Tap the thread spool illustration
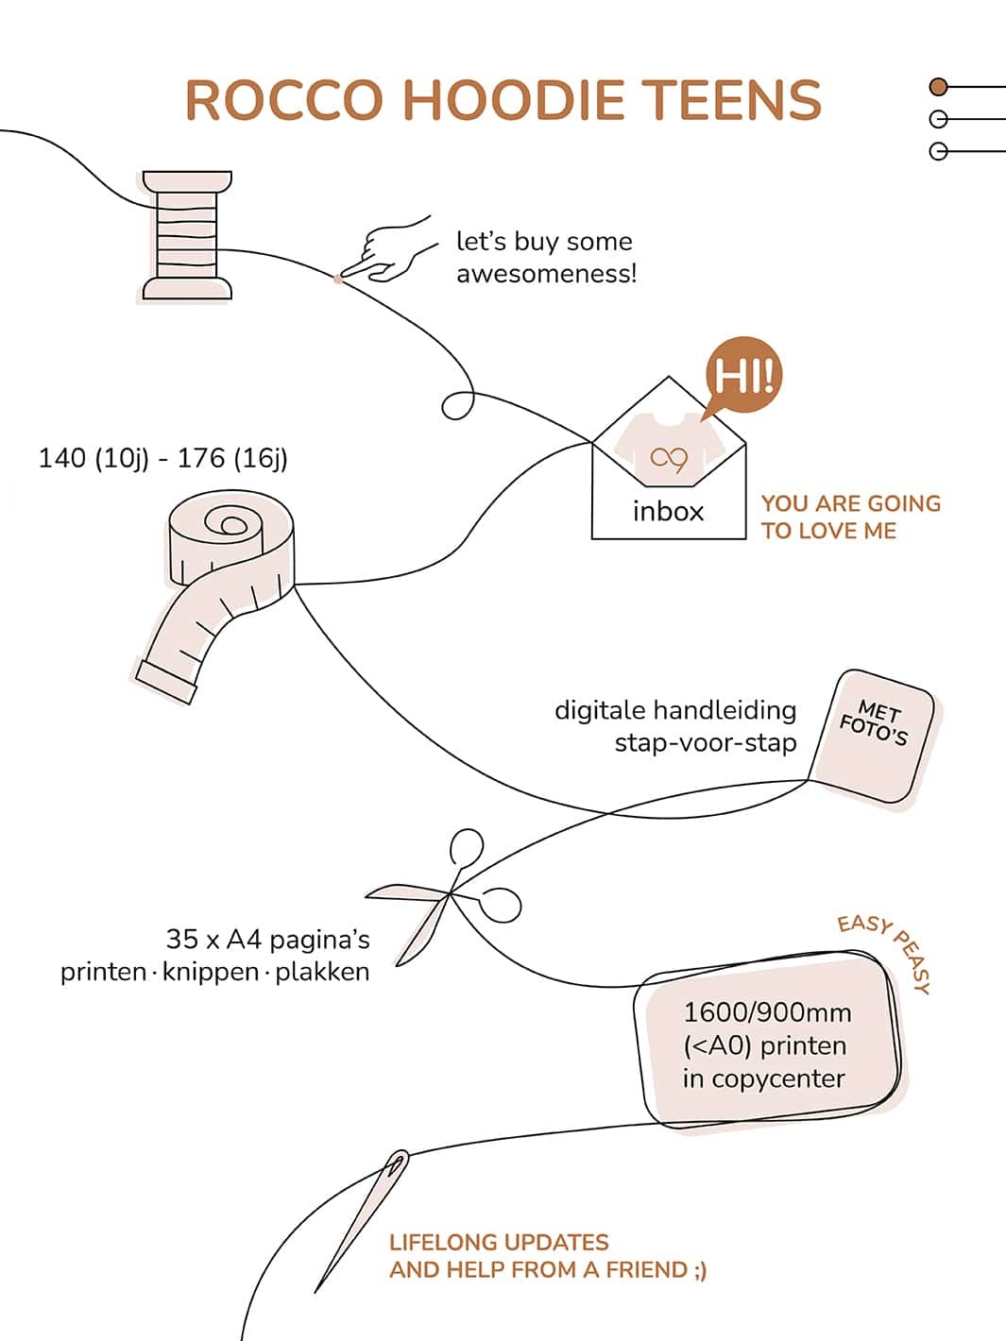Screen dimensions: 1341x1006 (187, 236)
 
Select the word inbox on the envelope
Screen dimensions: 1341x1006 (668, 511)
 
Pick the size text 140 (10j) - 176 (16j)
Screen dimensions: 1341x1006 (162, 458)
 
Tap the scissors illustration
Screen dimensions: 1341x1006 (444, 897)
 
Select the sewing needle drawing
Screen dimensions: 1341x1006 (364, 1218)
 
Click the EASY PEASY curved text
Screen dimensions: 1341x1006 (888, 949)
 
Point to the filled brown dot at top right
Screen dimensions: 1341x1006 (938, 87)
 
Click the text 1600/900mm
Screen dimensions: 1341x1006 (767, 1012)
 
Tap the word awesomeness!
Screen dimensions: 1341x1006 (546, 274)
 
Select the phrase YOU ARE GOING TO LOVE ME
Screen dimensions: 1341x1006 (850, 517)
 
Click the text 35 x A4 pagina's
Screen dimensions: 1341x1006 (267, 940)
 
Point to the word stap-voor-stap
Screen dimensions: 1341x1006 (705, 742)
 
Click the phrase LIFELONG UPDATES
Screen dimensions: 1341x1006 (499, 1242)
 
